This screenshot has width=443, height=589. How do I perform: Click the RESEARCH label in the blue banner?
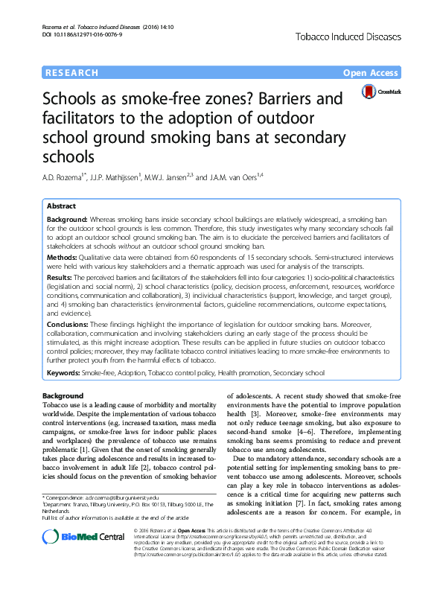pos(71,73)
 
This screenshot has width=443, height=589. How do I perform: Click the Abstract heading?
pos(61,206)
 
